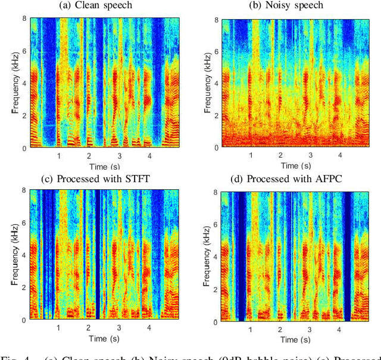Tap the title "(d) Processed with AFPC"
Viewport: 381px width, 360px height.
(x=296, y=179)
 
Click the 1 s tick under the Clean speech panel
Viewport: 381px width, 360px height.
(x=59, y=155)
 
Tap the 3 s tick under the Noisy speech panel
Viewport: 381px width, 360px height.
(x=310, y=155)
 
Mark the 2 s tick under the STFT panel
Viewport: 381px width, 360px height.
(x=89, y=328)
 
